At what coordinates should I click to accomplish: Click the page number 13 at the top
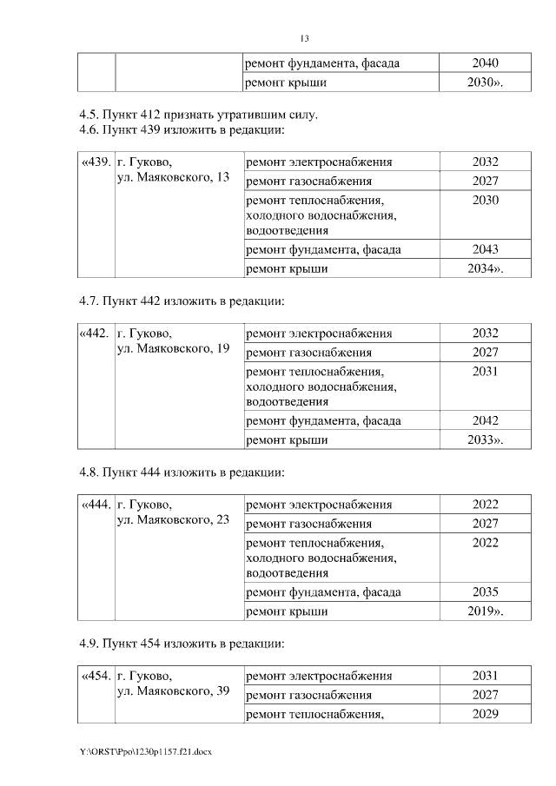pos(304,39)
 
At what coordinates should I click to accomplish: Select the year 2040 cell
pos(485,63)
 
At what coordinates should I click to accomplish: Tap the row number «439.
pos(95,162)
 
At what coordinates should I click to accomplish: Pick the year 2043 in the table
pos(485,249)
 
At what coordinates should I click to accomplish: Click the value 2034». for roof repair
pos(486,269)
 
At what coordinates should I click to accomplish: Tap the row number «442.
pos(95,333)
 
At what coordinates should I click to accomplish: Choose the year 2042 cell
pos(485,420)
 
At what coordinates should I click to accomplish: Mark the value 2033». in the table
pos(486,440)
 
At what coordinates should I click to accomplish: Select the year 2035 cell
pos(485,591)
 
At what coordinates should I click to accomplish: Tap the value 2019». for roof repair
pos(486,611)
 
